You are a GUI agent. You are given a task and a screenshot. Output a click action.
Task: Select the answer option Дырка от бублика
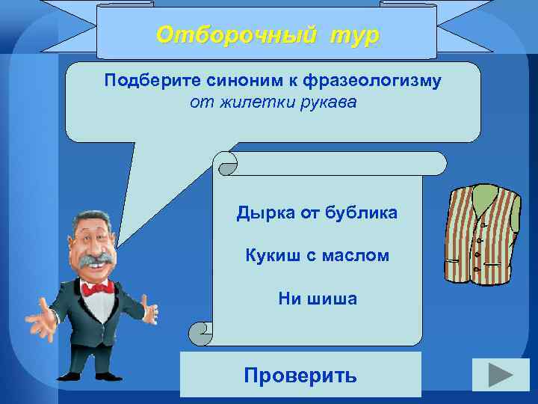(317, 213)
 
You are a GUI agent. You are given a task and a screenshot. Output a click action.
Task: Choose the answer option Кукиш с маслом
(317, 256)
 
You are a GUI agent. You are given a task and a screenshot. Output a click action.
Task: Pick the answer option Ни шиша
(317, 299)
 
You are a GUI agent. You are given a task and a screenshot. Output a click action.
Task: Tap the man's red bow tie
(98, 287)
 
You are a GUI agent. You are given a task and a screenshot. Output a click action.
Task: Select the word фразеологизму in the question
(373, 81)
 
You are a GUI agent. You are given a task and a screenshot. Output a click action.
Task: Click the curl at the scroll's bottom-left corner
(200, 333)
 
